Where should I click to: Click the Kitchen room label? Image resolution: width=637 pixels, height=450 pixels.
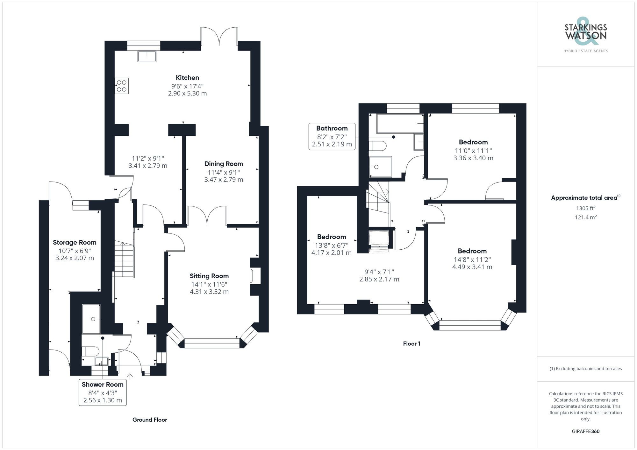187,78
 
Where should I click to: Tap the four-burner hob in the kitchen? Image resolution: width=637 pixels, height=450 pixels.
122,86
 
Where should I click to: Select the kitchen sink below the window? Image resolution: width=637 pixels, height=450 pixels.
147,56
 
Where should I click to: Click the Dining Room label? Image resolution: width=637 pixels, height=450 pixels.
223,164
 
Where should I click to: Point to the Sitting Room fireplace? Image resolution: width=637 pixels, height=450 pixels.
255,276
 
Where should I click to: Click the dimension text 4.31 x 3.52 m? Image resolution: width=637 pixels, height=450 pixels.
209,292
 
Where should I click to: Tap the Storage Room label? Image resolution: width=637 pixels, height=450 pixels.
75,242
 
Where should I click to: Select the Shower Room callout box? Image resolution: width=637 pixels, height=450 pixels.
103,392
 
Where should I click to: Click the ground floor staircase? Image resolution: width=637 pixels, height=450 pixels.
124,259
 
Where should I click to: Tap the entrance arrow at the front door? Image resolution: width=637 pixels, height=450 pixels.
130,376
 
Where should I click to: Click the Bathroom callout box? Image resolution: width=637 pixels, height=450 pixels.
332,136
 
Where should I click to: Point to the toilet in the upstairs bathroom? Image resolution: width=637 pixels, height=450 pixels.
378,146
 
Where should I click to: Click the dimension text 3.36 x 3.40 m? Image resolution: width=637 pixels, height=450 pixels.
473,158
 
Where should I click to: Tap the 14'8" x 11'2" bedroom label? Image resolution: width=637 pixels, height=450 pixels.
472,259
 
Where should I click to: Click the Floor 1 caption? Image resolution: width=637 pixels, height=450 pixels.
412,343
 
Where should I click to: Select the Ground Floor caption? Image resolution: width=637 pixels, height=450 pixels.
150,420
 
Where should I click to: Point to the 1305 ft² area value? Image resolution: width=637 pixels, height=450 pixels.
585,208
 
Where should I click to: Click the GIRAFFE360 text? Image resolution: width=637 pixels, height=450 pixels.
585,431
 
